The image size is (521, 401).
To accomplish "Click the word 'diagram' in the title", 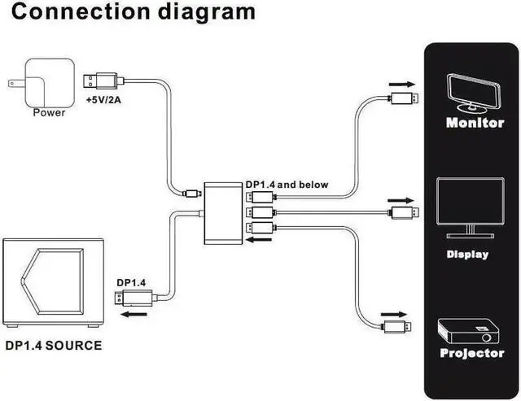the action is tap(206, 12).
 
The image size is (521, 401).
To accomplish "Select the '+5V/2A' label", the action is tap(103, 99).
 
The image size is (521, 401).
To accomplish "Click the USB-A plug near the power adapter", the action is tap(103, 81).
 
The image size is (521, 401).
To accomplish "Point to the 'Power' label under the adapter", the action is tap(49, 112).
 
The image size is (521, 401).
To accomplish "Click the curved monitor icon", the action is tap(473, 92).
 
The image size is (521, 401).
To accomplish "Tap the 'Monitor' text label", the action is tap(475, 123).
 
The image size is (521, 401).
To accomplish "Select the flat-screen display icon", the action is tap(471, 207).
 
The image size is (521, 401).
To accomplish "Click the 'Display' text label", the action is tap(467, 255).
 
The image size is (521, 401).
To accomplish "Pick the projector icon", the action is tap(469, 331).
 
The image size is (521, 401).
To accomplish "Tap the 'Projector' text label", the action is tap(472, 353).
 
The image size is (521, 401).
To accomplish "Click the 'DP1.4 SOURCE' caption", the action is tap(54, 346).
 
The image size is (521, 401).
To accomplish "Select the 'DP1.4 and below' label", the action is tap(287, 185).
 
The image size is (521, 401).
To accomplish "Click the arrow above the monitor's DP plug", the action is tap(402, 85).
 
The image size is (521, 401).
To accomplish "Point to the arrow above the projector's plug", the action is tap(394, 315).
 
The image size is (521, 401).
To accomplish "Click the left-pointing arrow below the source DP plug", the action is tap(134, 314).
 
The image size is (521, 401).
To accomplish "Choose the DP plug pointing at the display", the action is tap(404, 212).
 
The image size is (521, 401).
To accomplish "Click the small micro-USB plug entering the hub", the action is tap(192, 194).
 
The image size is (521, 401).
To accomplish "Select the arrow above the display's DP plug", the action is tap(401, 200).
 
